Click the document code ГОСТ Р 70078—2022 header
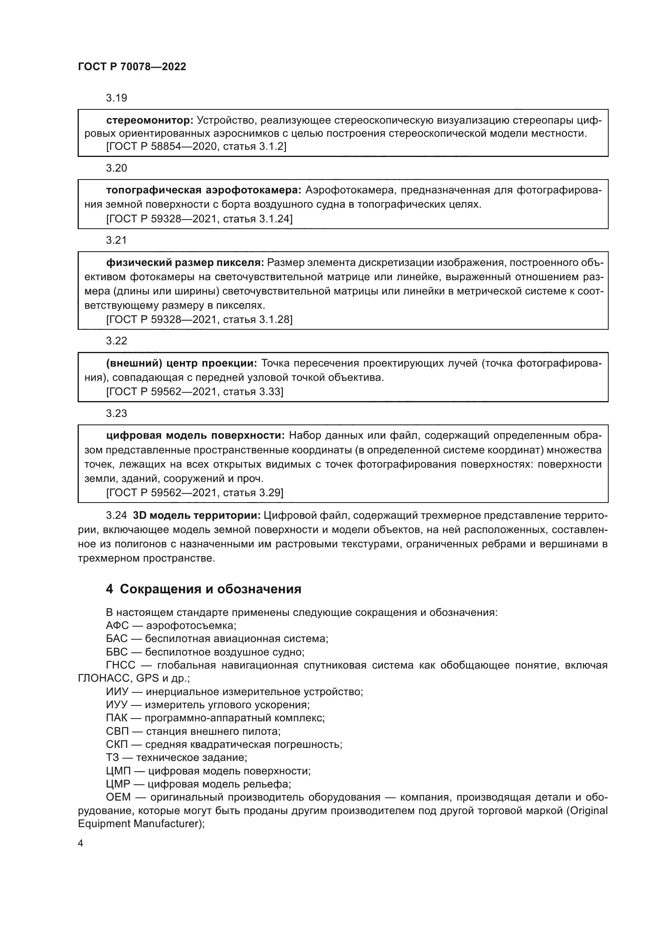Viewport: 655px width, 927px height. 132,67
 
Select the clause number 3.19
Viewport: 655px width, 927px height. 116,98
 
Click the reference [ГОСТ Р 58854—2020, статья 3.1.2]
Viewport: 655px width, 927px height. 196,147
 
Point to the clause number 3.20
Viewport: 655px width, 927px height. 116,168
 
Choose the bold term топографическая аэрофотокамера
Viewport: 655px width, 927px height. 204,190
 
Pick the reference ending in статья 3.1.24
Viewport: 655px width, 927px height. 199,219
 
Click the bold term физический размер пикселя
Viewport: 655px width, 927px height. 185,263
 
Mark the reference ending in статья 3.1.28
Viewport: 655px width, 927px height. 199,319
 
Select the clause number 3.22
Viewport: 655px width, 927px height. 116,341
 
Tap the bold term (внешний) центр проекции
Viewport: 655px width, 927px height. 181,363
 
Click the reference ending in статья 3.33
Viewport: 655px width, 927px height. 195,392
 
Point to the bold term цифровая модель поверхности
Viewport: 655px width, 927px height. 196,435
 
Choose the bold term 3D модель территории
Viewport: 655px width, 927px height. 196,516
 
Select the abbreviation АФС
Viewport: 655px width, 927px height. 117,625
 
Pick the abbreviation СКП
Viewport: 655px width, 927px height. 117,745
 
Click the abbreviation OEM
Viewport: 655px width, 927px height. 118,797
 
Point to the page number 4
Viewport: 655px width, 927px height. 81,843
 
